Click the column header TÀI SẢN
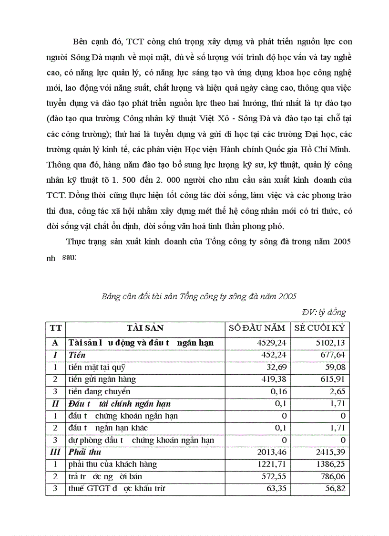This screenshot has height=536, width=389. pos(145,328)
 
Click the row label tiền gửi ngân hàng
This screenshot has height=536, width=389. pos(102,379)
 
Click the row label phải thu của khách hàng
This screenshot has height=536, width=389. pos(113,464)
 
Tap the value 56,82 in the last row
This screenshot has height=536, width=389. pos(334,489)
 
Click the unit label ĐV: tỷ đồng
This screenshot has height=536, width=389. pos(324,313)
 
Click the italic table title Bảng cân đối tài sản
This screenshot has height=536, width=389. pos(199,296)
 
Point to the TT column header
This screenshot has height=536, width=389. pos(55,328)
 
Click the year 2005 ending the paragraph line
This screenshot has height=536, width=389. pos(342,241)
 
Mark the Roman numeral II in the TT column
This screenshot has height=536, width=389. pos(55,404)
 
